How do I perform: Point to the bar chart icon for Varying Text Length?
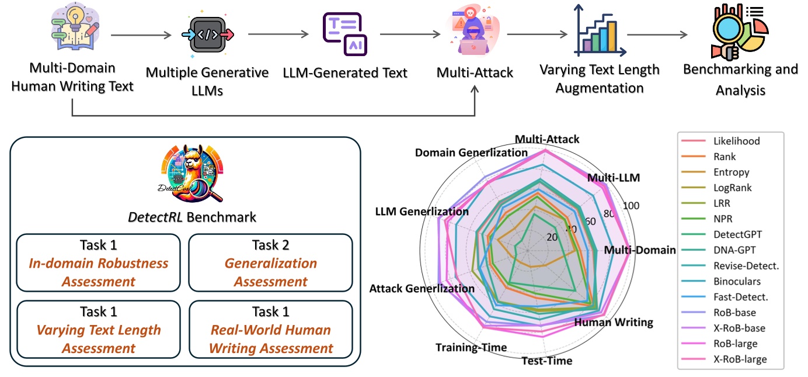tap(595, 29)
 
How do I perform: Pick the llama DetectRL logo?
tap(193, 175)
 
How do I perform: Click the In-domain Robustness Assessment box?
tap(99, 263)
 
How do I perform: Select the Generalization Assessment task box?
tap(270, 263)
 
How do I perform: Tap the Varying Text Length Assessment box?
tap(99, 330)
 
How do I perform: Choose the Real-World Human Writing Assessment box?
tap(270, 330)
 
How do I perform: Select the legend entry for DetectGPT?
tap(737, 234)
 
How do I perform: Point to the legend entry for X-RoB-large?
tap(740, 359)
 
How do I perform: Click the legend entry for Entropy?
tap(731, 172)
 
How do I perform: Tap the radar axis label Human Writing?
tap(614, 322)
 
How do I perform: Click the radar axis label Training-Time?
tap(471, 348)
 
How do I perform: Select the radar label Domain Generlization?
tap(471, 153)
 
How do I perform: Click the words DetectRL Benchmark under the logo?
tap(192, 217)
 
